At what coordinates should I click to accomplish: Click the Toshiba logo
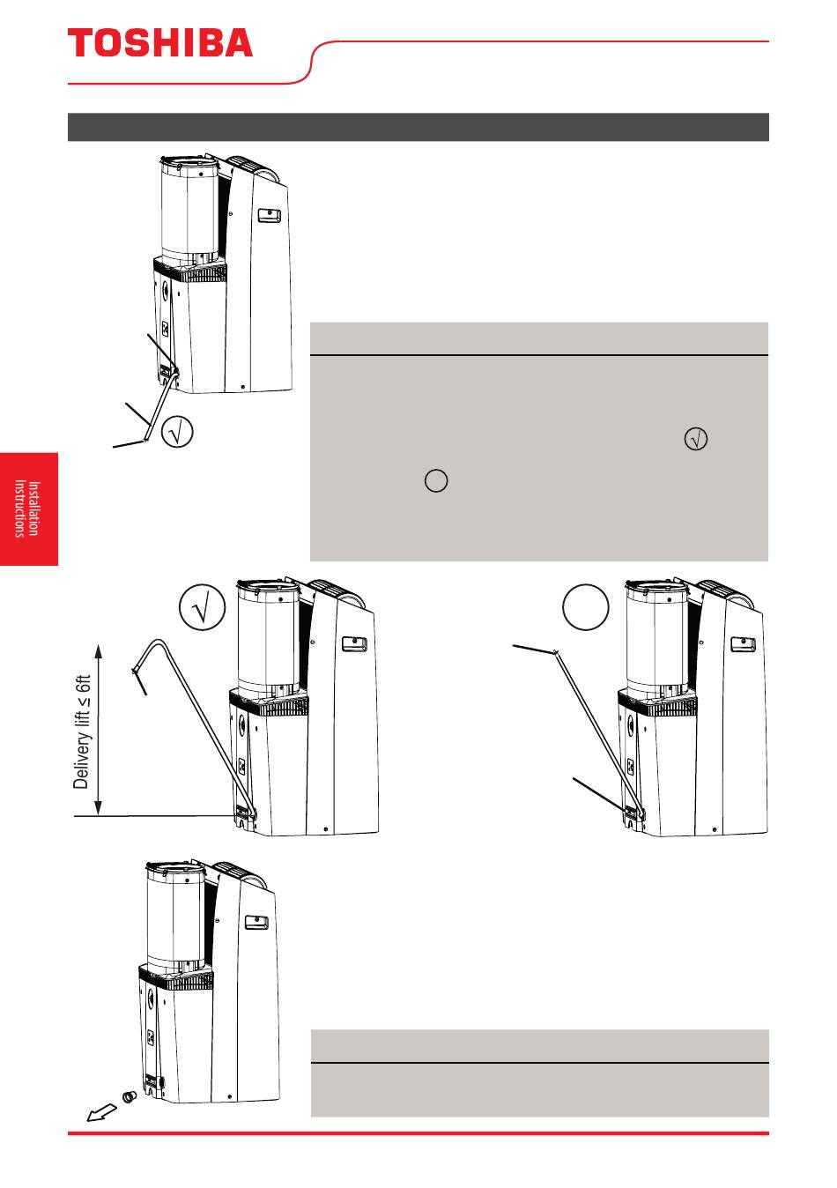tap(160, 42)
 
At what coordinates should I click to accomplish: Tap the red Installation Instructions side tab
tap(28, 509)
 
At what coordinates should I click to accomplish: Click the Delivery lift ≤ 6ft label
tap(82, 731)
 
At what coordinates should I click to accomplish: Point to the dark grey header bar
tap(418, 127)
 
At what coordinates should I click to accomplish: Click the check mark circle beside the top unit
tap(176, 431)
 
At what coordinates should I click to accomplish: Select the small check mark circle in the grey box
tap(695, 439)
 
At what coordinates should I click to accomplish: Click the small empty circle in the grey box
tap(436, 480)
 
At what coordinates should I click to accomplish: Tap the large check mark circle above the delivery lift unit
tap(202, 607)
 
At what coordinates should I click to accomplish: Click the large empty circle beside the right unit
tap(585, 607)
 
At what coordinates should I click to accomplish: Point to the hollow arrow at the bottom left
tap(101, 1113)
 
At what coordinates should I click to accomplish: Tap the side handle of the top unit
tap(269, 216)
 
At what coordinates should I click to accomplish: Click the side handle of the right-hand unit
tap(744, 644)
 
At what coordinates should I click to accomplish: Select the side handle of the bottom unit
tap(256, 923)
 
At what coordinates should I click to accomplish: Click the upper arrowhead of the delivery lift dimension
tap(98, 650)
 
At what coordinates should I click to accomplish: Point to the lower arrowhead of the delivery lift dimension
tap(98, 808)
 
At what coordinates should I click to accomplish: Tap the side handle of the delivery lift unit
tap(354, 644)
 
